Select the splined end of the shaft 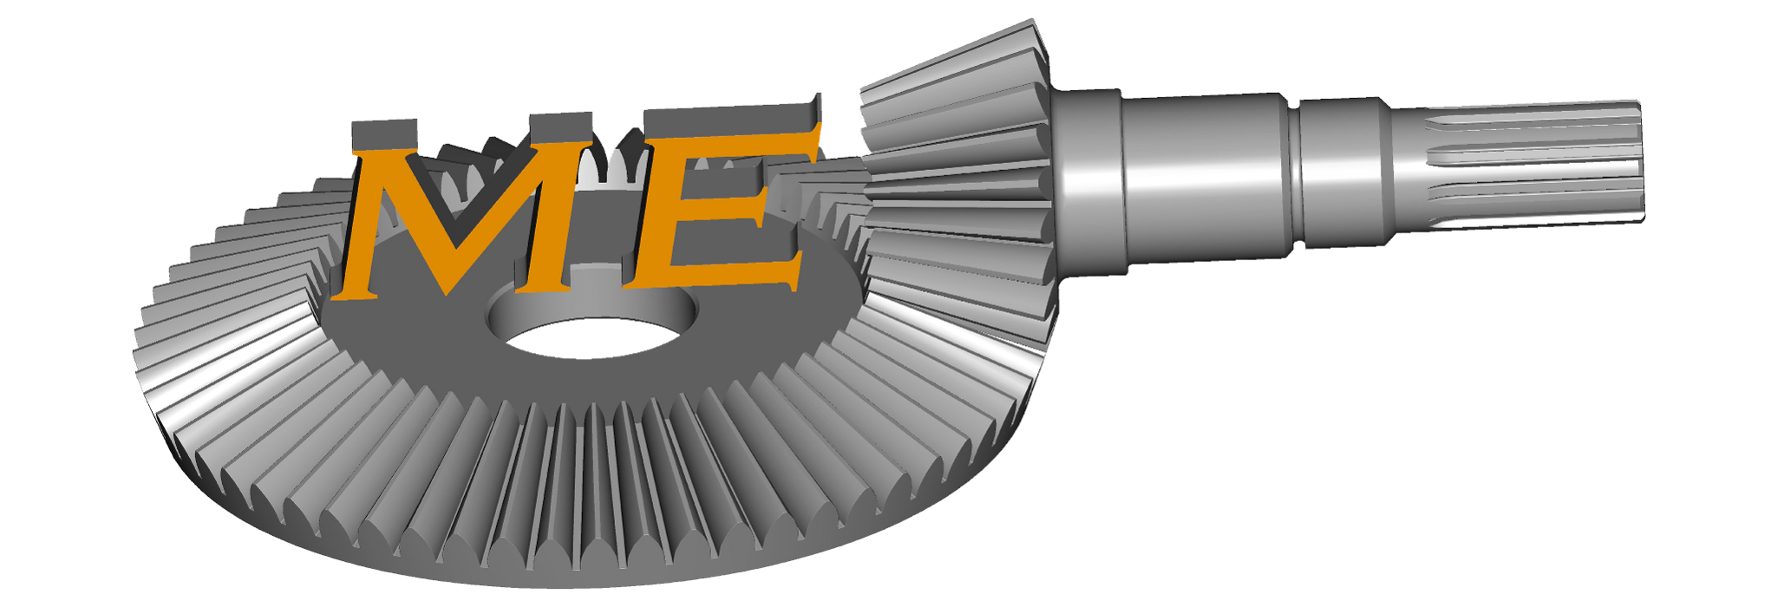[x=1535, y=165]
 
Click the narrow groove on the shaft [x=1294, y=173]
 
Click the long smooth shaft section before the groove [x=1206, y=173]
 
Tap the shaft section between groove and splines [x=1344, y=172]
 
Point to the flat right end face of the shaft [x=1642, y=160]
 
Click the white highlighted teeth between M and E [x=611, y=169]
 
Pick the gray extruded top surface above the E [x=729, y=117]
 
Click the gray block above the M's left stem [x=382, y=134]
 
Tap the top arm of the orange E [x=737, y=147]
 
